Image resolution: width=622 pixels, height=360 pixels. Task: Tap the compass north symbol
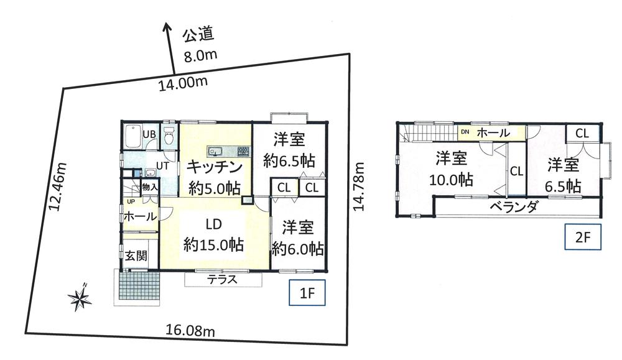[80, 298]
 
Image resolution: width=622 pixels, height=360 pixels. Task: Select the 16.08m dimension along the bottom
[191, 331]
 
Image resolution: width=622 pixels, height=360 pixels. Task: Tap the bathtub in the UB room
[131, 136]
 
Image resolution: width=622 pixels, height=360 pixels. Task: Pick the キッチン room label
[214, 166]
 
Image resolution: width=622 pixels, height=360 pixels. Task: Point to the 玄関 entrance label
[136, 255]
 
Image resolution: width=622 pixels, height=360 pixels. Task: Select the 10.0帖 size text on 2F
[451, 180]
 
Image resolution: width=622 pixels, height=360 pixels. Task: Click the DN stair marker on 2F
[465, 132]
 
